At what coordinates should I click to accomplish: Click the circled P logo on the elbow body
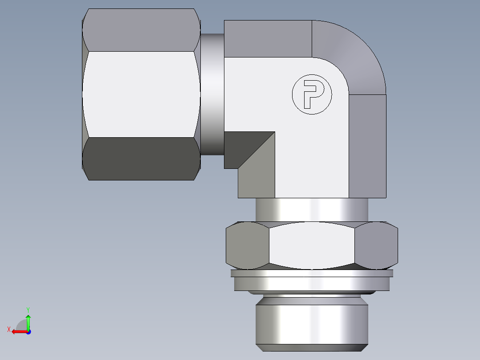pyautogui.click(x=312, y=94)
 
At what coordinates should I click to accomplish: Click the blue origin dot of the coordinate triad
pyautogui.click(x=28, y=332)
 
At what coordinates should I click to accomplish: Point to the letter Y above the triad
pyautogui.click(x=28, y=309)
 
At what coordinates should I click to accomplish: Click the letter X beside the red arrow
pyautogui.click(x=9, y=330)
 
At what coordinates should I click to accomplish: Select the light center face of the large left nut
pyautogui.click(x=141, y=94)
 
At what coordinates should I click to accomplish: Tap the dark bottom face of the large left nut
pyautogui.click(x=141, y=159)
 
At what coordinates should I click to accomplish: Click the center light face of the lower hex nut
pyautogui.click(x=312, y=245)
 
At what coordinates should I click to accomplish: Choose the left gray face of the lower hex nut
pyautogui.click(x=247, y=245)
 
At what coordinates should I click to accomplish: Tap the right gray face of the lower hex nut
pyautogui.click(x=376, y=245)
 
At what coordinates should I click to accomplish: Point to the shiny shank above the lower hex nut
pyautogui.click(x=312, y=210)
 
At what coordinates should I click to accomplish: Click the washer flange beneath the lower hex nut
pyautogui.click(x=312, y=282)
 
